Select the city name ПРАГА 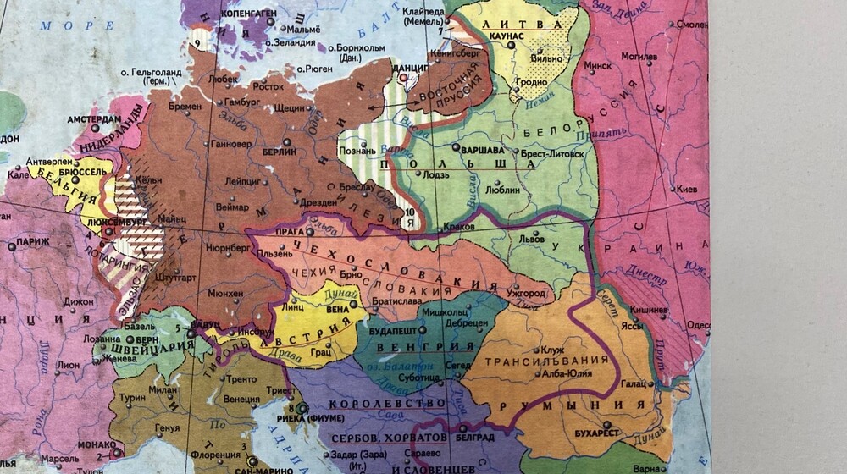tap(291, 231)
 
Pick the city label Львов tap(533, 240)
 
